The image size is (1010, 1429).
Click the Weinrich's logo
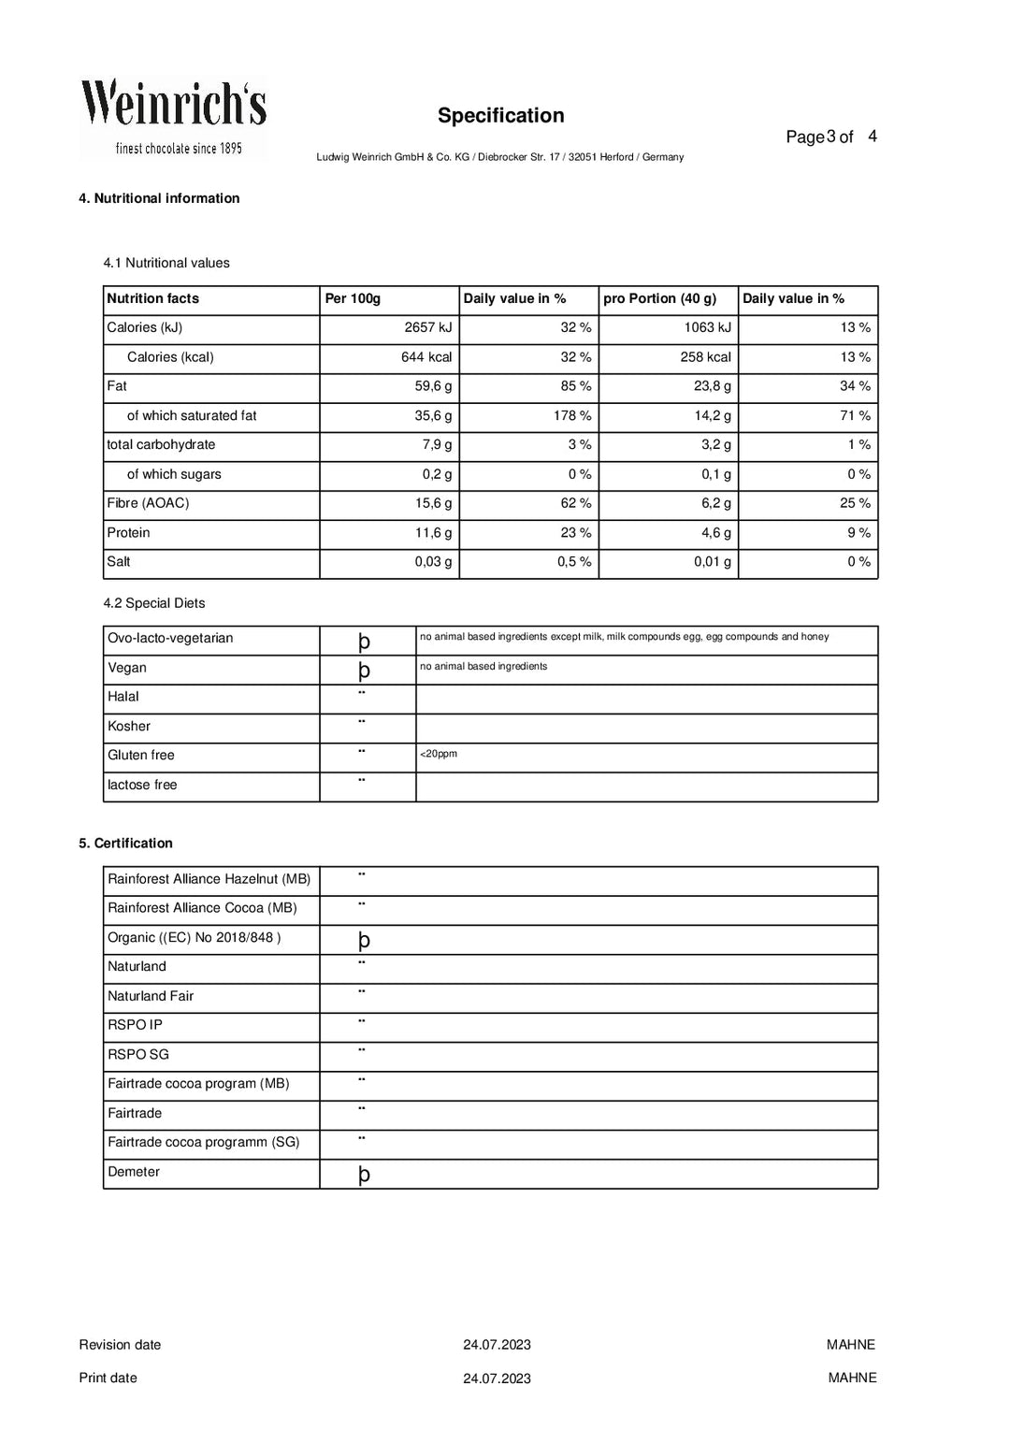coord(173,118)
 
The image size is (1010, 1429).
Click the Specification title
coord(500,116)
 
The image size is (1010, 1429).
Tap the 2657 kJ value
coord(428,328)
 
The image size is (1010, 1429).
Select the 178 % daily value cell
coord(572,416)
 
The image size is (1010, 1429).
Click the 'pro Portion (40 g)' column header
coord(659,299)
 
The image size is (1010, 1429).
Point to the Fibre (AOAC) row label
coord(148,504)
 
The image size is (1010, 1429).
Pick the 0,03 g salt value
coord(433,562)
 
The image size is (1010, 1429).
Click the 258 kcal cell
coord(705,357)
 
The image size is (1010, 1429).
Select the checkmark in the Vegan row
coord(364,670)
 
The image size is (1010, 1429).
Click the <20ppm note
coord(439,754)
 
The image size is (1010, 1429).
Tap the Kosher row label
coord(129,727)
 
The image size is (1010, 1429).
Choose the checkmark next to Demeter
coord(364,1175)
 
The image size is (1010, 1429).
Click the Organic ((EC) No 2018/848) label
coord(194,938)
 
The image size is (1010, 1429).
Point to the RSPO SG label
coord(138,1055)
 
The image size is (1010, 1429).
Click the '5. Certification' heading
coord(125,844)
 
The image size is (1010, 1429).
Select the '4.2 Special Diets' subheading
coord(153,604)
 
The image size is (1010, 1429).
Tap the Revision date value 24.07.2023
coord(497,1346)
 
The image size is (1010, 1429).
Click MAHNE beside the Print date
coord(852,1378)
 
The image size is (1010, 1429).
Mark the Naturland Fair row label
coord(151,997)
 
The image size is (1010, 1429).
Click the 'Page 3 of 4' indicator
coord(830,137)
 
